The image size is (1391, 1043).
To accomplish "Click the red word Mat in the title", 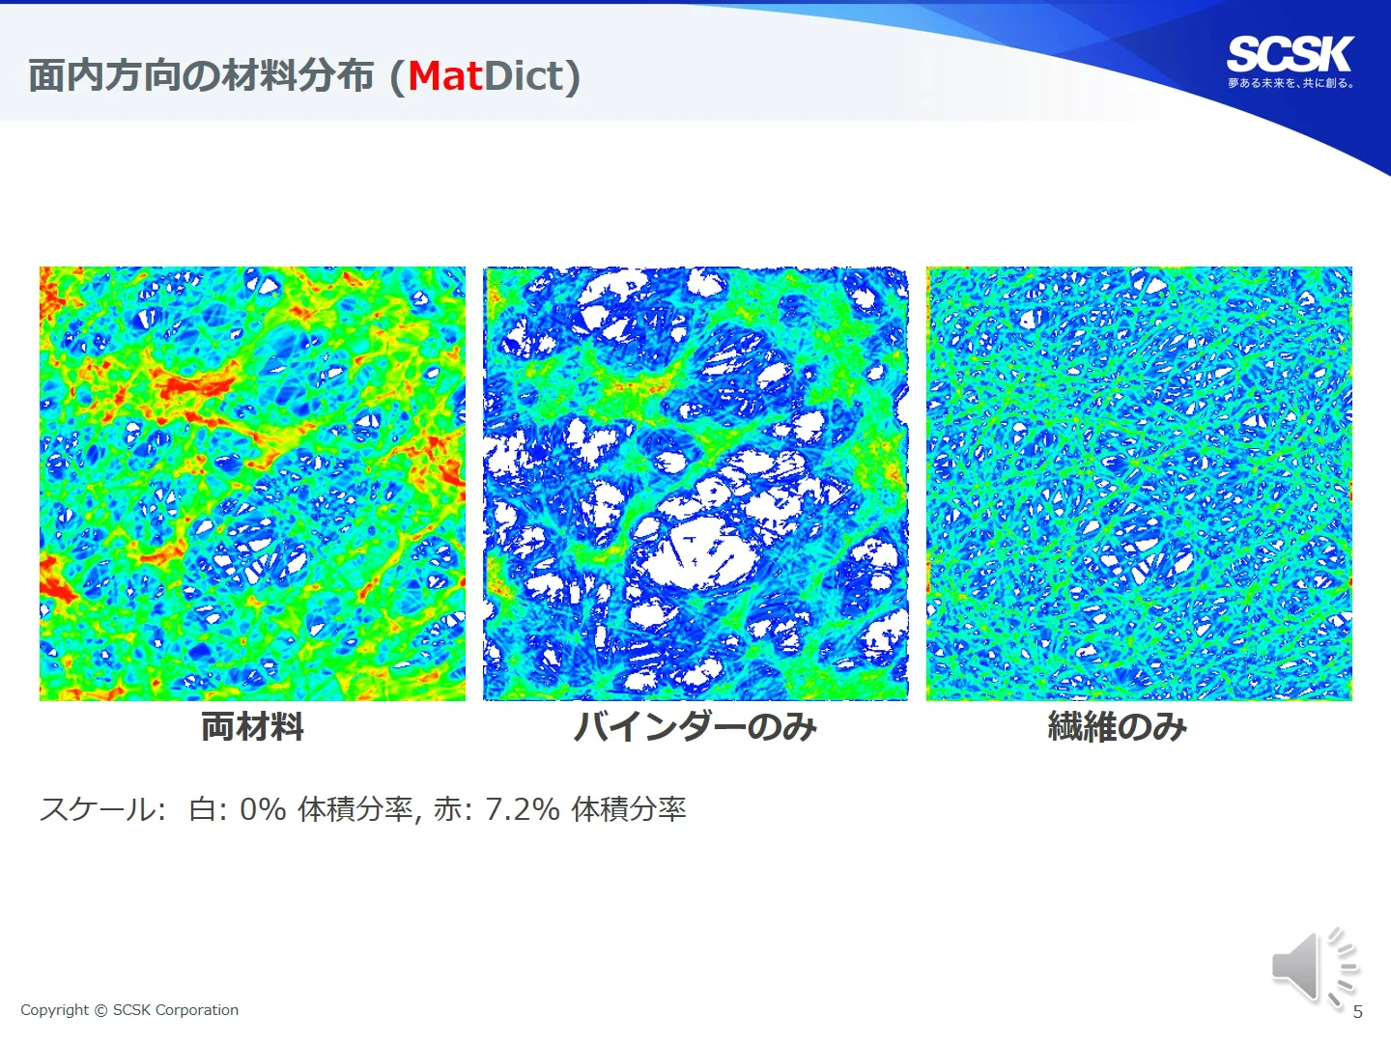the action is [x=445, y=76].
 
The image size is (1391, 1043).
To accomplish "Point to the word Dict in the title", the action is [x=524, y=76].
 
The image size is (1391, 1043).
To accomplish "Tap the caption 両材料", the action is [x=252, y=725].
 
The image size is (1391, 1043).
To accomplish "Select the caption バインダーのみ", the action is [x=695, y=726].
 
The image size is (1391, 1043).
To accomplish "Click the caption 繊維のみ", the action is [x=1118, y=726].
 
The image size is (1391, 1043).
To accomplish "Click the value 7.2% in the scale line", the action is [x=523, y=809].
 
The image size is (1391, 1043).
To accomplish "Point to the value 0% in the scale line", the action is [x=263, y=809].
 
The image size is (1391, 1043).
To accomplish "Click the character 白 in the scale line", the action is [x=202, y=809].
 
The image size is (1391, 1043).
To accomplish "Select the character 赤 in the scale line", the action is [x=448, y=809].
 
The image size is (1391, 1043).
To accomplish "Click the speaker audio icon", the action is [x=1313, y=968].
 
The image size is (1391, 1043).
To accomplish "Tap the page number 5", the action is [x=1357, y=1012].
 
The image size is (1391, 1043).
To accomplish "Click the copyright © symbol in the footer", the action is [x=100, y=1010].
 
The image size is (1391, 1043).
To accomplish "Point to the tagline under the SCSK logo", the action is [x=1291, y=83].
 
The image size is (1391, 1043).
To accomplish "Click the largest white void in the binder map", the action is [x=699, y=554].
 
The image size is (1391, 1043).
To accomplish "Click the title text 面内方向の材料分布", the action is [x=202, y=76].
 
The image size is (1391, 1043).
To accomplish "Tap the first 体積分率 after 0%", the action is [x=355, y=809].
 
